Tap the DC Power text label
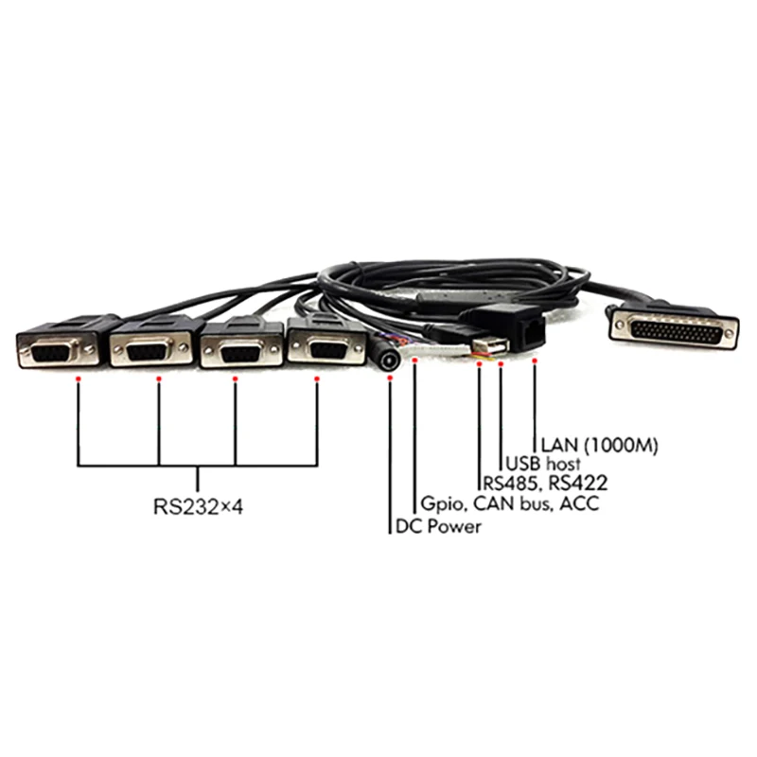437,526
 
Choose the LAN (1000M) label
599,443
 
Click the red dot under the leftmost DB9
79,378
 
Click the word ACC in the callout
580,504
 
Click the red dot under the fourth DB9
317,378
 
